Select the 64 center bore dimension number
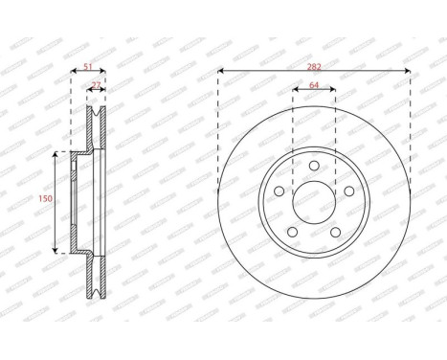click(313, 86)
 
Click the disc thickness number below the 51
click(96, 86)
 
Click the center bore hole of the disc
click(313, 201)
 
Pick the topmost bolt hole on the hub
click(313, 169)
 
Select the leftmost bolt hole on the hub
click(279, 191)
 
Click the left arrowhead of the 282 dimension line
click(222, 71)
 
